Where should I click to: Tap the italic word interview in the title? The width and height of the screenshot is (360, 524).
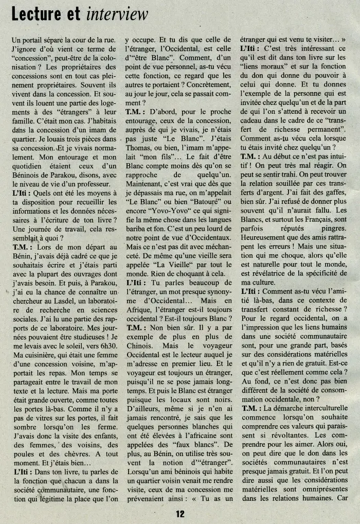coord(117,15)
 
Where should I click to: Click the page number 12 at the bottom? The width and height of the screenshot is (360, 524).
coord(180,513)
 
